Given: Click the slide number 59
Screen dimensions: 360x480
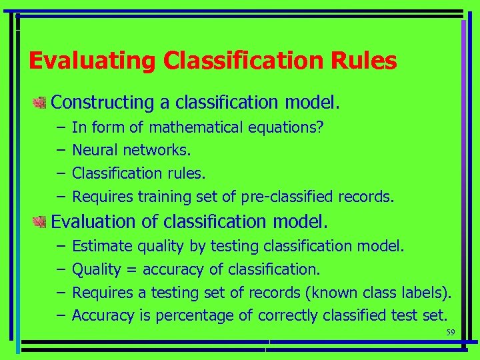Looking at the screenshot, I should coord(450,333).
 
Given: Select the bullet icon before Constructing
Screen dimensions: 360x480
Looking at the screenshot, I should coord(39,103).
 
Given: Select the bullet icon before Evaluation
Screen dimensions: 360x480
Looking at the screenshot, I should coord(39,220).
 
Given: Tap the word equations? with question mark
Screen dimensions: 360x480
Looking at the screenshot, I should coord(287,127).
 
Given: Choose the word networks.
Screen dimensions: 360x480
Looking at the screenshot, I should coord(153,150).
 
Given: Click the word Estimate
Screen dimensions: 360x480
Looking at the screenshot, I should coord(102,246).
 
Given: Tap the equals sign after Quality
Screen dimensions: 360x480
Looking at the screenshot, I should coord(132,269).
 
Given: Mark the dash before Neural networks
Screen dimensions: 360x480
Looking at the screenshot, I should coord(60,150).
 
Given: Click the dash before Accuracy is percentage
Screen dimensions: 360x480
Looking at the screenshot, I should coord(60,315).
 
